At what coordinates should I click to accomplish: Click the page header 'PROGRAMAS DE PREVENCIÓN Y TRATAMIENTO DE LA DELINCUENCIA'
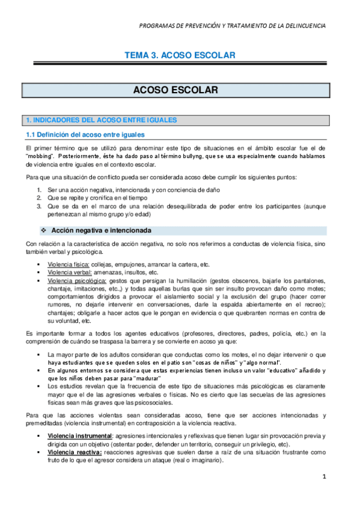[x=232, y=26]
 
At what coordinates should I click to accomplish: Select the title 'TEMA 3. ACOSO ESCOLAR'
[x=179, y=55]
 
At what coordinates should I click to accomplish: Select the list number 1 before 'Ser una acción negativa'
[x=39, y=190]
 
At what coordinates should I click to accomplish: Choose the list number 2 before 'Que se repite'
[x=39, y=197]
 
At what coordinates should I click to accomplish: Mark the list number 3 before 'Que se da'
[x=39, y=206]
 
